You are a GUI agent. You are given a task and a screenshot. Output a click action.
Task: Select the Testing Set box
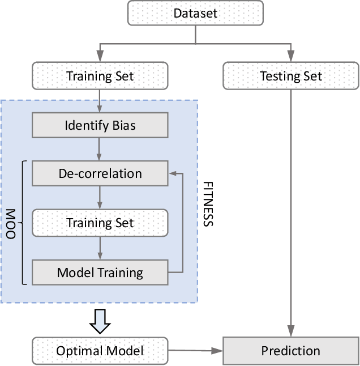291,76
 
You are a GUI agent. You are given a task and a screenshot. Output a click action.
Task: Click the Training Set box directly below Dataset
100,76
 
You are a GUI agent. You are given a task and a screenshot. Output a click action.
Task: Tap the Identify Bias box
100,125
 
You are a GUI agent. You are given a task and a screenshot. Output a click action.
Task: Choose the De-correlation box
100,173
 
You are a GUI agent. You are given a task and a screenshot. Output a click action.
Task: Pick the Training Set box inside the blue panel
100,223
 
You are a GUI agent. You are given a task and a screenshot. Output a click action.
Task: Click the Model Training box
100,273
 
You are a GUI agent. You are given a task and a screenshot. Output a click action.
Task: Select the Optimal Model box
100,351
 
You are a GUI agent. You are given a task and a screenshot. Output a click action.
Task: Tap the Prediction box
291,351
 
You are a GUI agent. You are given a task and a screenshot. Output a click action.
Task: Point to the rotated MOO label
11,223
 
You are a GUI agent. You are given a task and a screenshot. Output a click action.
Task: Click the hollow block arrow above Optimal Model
100,321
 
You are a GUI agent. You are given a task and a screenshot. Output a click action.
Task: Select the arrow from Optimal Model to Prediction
195,351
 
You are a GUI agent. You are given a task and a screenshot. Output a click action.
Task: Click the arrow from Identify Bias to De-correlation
100,149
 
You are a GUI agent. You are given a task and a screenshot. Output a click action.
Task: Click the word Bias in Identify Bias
123,125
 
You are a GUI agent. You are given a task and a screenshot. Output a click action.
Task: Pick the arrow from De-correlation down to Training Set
100,198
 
